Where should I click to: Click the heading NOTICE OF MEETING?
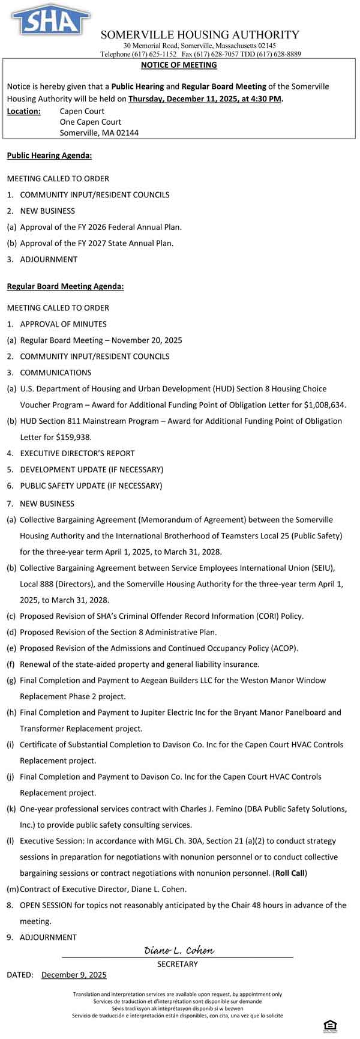coord(179,65)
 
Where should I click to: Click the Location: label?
coord(24,111)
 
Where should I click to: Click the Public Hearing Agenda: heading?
coord(49,155)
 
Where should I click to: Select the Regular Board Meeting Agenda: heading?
coord(65,286)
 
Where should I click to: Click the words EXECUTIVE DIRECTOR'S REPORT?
coord(77,453)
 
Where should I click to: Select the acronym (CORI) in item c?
coord(242,616)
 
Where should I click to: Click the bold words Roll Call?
coord(289,873)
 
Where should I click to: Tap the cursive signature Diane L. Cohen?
coord(179,951)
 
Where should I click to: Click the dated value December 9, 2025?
coord(74,975)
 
